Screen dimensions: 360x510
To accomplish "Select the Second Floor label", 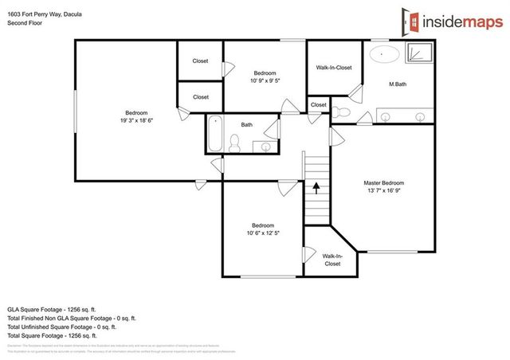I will (x=24, y=24).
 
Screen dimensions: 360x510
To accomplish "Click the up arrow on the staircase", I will (x=316, y=188).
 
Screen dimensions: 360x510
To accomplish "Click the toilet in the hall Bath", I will (x=234, y=143).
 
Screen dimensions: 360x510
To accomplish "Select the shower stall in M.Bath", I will (x=418, y=55).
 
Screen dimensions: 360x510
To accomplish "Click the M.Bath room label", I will (x=398, y=84).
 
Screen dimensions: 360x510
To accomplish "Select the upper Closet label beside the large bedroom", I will (x=200, y=61).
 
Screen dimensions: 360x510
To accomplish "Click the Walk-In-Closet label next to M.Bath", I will (x=333, y=68).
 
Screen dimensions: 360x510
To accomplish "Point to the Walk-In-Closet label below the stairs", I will (x=332, y=259).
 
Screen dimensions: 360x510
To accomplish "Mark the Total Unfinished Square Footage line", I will (x=62, y=326).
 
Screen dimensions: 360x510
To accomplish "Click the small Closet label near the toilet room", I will (x=318, y=104).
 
